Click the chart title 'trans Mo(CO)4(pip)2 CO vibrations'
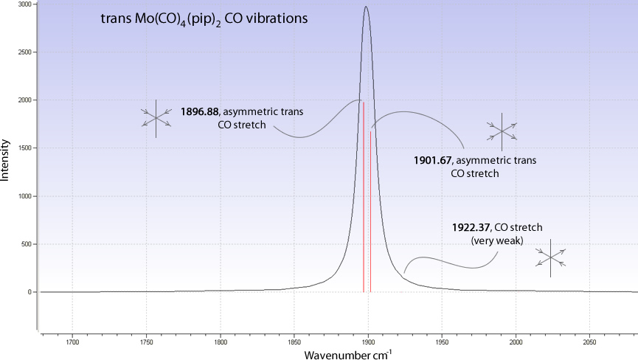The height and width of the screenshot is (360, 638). pyautogui.click(x=204, y=18)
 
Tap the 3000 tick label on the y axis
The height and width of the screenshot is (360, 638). pyautogui.click(x=24, y=4)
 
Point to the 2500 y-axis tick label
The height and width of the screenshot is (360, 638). pyautogui.click(x=24, y=52)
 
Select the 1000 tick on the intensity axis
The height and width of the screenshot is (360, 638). pyautogui.click(x=24, y=196)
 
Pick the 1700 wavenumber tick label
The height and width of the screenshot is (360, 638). pyautogui.click(x=72, y=342)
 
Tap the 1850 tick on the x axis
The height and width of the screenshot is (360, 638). pyautogui.click(x=294, y=342)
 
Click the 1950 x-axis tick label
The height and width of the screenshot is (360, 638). pyautogui.click(x=442, y=342)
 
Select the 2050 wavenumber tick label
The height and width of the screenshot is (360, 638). pyautogui.click(x=589, y=342)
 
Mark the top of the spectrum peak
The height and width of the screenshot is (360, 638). pyautogui.click(x=366, y=7)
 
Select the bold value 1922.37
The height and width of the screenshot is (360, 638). pyautogui.click(x=471, y=227)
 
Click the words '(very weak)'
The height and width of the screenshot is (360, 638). pyautogui.click(x=496, y=240)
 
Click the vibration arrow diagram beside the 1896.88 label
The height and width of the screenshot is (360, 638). pyautogui.click(x=156, y=117)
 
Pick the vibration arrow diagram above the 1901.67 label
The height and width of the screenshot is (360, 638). pyautogui.click(x=502, y=131)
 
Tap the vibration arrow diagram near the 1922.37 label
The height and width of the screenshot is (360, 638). pyautogui.click(x=550, y=257)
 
